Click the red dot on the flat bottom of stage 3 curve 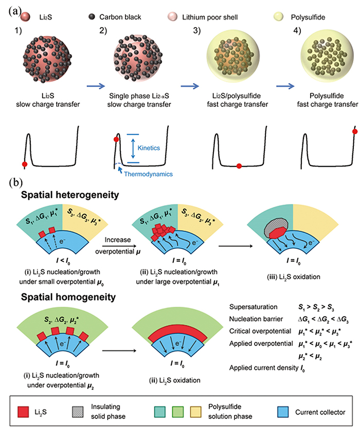coord(239,166)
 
